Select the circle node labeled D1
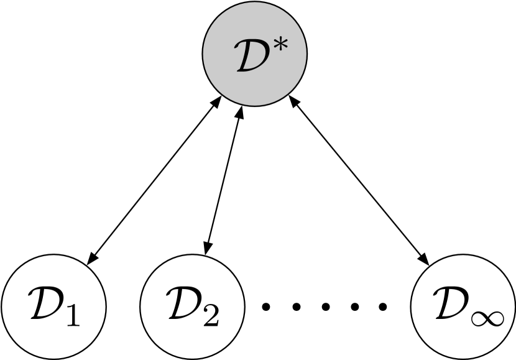pyautogui.click(x=55, y=305)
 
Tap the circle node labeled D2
pyautogui.click(x=193, y=305)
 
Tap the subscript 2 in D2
pyautogui.click(x=211, y=315)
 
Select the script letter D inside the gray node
pyautogui.click(x=251, y=59)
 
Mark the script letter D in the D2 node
pyautogui.click(x=185, y=304)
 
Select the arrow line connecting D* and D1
pyautogui.click(x=155, y=180)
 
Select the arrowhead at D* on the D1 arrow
pyautogui.click(x=218, y=102)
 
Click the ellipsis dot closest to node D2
pyautogui.click(x=266, y=306)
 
